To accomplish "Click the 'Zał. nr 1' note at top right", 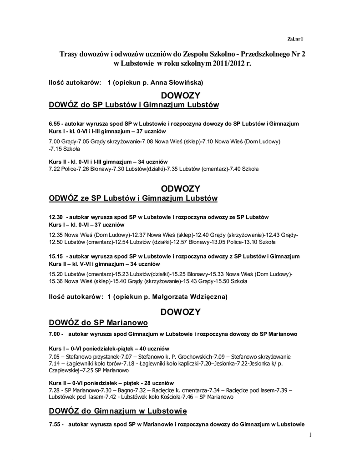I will pos(295,39).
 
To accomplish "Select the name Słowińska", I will pos(186,83).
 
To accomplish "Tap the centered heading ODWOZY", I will pos(181,188).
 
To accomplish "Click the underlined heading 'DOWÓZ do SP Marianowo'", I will pos(98,323).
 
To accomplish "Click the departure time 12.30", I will pos(56,217).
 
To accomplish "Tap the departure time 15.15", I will pos(56,256).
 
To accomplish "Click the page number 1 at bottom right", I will pos(310,436).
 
